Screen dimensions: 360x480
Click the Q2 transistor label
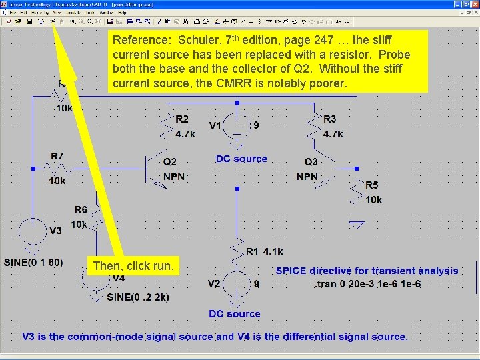click(x=170, y=161)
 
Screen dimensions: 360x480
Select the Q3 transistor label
click(x=311, y=162)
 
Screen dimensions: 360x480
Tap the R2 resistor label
click(x=182, y=119)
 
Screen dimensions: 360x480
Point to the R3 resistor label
click(x=330, y=119)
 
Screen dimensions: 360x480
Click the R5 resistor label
click(x=371, y=185)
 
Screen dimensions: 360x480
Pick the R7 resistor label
click(x=57, y=156)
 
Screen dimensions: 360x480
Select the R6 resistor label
click(x=80, y=210)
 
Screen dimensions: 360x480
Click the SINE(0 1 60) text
click(x=33, y=262)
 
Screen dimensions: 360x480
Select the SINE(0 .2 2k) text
click(x=138, y=297)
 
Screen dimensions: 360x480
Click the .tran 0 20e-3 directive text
click(x=367, y=284)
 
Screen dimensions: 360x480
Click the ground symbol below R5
click(x=357, y=225)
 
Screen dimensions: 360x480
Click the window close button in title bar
click(x=474, y=5)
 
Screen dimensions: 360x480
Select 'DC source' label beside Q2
click(x=241, y=159)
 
